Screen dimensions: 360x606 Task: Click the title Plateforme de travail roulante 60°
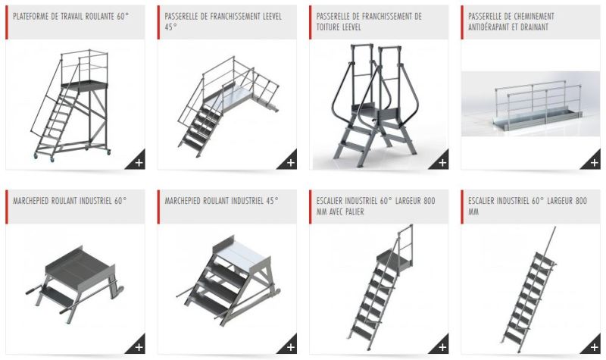coord(69,16)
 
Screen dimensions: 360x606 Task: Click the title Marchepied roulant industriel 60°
coord(70,201)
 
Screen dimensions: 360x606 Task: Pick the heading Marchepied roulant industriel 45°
coord(222,201)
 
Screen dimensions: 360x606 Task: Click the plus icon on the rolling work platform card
coord(139,162)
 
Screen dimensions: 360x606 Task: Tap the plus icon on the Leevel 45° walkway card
coord(291,162)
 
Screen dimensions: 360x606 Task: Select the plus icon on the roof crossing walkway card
coord(442,162)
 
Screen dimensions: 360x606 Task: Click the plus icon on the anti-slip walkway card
coord(594,162)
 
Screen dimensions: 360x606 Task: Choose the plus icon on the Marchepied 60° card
coord(139,347)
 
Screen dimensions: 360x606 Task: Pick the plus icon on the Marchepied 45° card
coord(291,347)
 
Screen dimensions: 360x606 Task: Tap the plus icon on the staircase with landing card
coord(442,347)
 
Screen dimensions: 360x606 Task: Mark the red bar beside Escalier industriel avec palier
coord(311,206)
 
